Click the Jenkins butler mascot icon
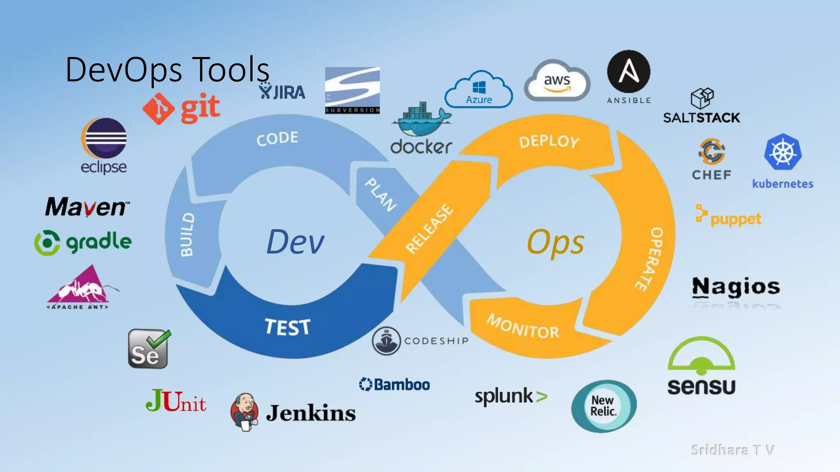click(245, 412)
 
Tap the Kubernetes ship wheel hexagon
click(783, 152)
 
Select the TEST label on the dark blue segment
click(288, 327)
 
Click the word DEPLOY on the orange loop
click(549, 141)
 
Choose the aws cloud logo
click(557, 81)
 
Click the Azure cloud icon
click(479, 90)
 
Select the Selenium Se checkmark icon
click(148, 349)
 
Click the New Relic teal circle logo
click(604, 406)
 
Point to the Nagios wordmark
click(736, 286)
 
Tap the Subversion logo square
click(352, 90)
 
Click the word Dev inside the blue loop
click(295, 242)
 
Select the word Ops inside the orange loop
click(555, 242)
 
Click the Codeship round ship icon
click(386, 341)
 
